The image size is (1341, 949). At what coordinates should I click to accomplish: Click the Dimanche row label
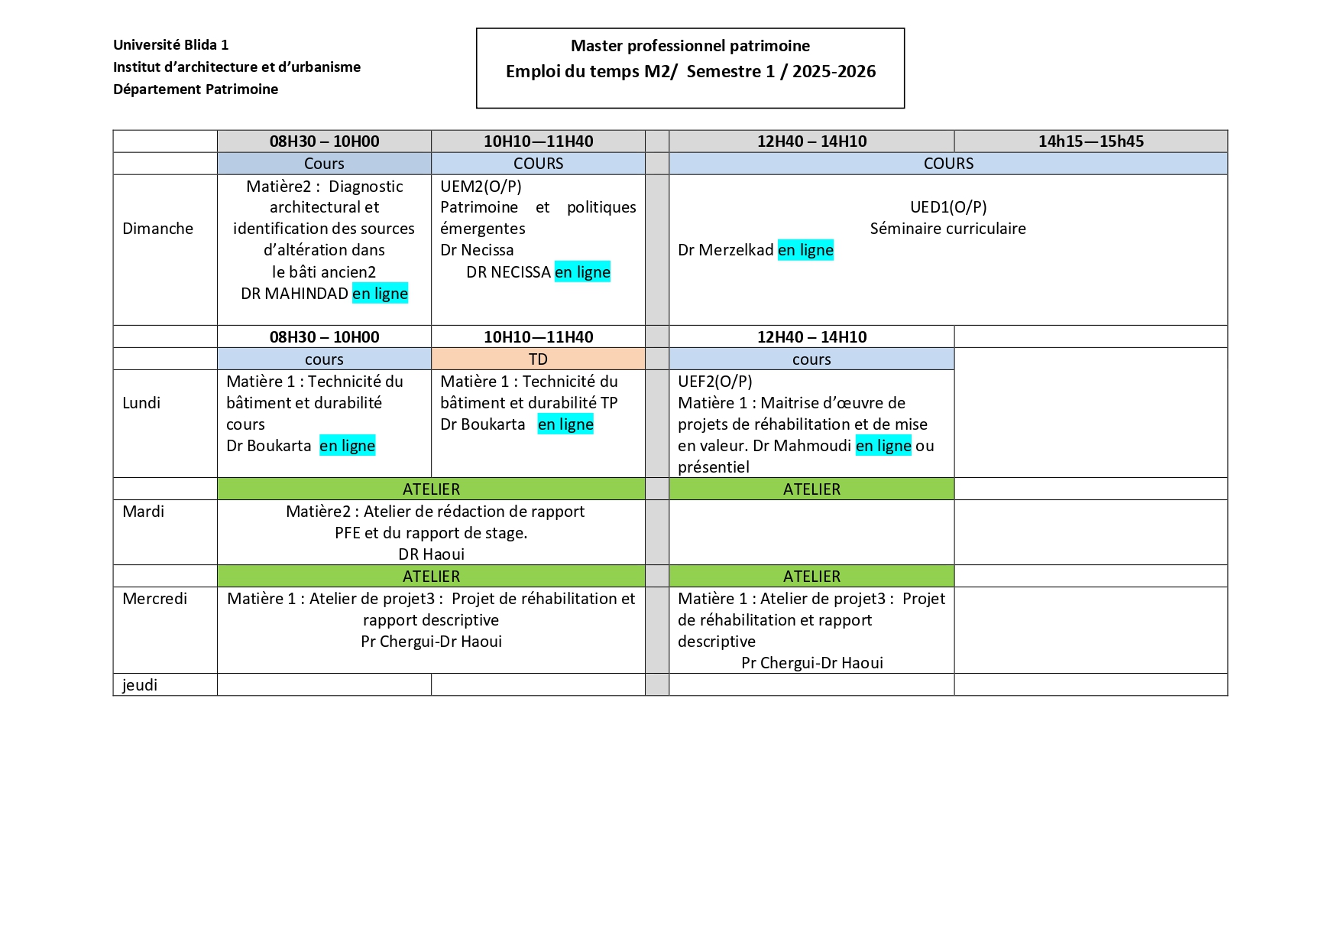(157, 229)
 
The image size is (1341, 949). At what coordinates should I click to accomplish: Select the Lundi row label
(141, 403)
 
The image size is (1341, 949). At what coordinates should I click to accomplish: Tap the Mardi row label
(143, 512)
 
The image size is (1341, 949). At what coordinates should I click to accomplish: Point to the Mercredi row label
(154, 599)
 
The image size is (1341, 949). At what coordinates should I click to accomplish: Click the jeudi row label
(140, 685)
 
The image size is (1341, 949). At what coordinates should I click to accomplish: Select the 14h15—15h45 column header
(1090, 141)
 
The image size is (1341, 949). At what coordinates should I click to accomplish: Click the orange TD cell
(538, 359)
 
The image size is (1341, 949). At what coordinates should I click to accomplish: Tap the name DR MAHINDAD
(294, 294)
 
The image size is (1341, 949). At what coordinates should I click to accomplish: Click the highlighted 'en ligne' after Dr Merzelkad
(805, 250)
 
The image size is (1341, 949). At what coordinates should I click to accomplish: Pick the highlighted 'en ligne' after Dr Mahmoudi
(883, 446)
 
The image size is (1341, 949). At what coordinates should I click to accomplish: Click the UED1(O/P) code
(948, 207)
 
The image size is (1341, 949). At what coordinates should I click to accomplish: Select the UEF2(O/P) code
(714, 382)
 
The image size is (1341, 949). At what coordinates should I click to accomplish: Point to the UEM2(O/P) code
(481, 186)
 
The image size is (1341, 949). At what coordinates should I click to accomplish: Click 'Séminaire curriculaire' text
(947, 229)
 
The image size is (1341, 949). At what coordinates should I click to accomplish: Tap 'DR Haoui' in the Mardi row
(431, 554)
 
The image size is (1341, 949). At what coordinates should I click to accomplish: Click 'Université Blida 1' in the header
(170, 45)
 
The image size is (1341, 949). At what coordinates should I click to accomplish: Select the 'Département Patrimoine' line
(196, 89)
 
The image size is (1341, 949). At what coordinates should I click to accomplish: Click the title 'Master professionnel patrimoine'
(690, 46)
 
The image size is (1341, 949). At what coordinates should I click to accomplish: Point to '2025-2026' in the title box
(834, 72)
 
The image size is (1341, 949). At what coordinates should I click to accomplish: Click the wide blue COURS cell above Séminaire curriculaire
(948, 164)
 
